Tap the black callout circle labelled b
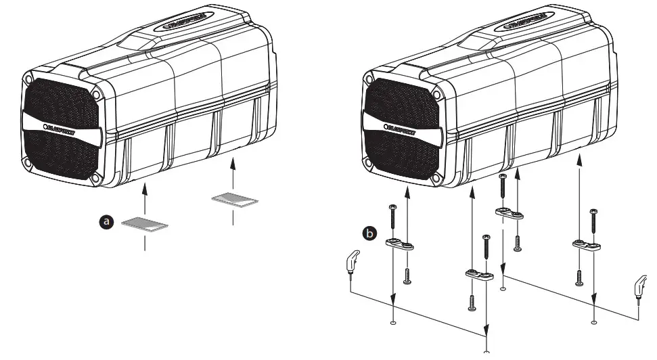coord(369,233)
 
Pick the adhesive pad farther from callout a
coord(234,199)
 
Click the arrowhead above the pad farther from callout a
coord(233,162)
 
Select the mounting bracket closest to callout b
coord(399,244)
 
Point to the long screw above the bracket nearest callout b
coord(392,217)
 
